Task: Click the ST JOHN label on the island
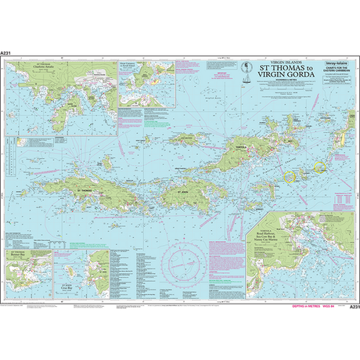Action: coord(182,189)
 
